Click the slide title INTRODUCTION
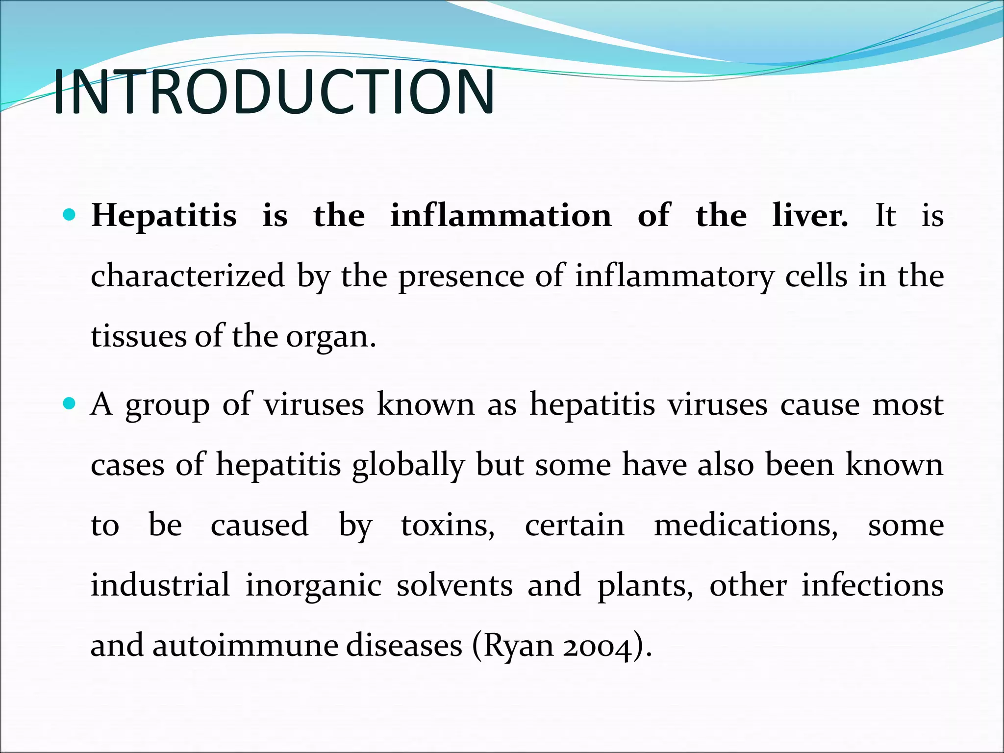274,92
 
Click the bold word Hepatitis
164,216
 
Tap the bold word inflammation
501,216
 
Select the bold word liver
809,216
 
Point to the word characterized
188,276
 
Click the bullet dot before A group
70,404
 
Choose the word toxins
448,526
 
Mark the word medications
746,526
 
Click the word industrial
160,585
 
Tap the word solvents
454,585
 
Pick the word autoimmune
244,645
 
